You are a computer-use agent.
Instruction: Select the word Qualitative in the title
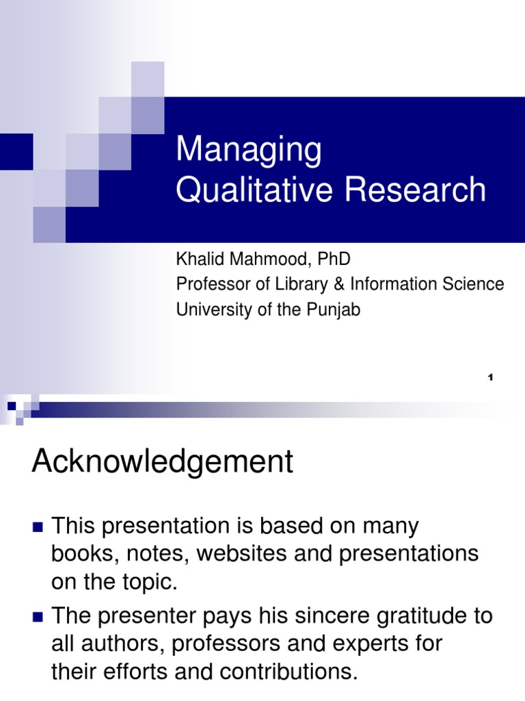[x=255, y=190]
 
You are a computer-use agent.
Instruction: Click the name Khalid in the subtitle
[x=198, y=259]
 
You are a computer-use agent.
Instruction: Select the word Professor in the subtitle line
[x=208, y=284]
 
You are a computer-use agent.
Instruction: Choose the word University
[x=209, y=309]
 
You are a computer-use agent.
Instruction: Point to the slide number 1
[x=491, y=377]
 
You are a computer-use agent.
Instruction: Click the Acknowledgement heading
[x=163, y=463]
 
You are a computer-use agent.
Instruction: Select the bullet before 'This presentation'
[x=38, y=527]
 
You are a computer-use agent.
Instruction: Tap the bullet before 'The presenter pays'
[x=38, y=616]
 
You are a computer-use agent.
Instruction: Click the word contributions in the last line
[x=281, y=672]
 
